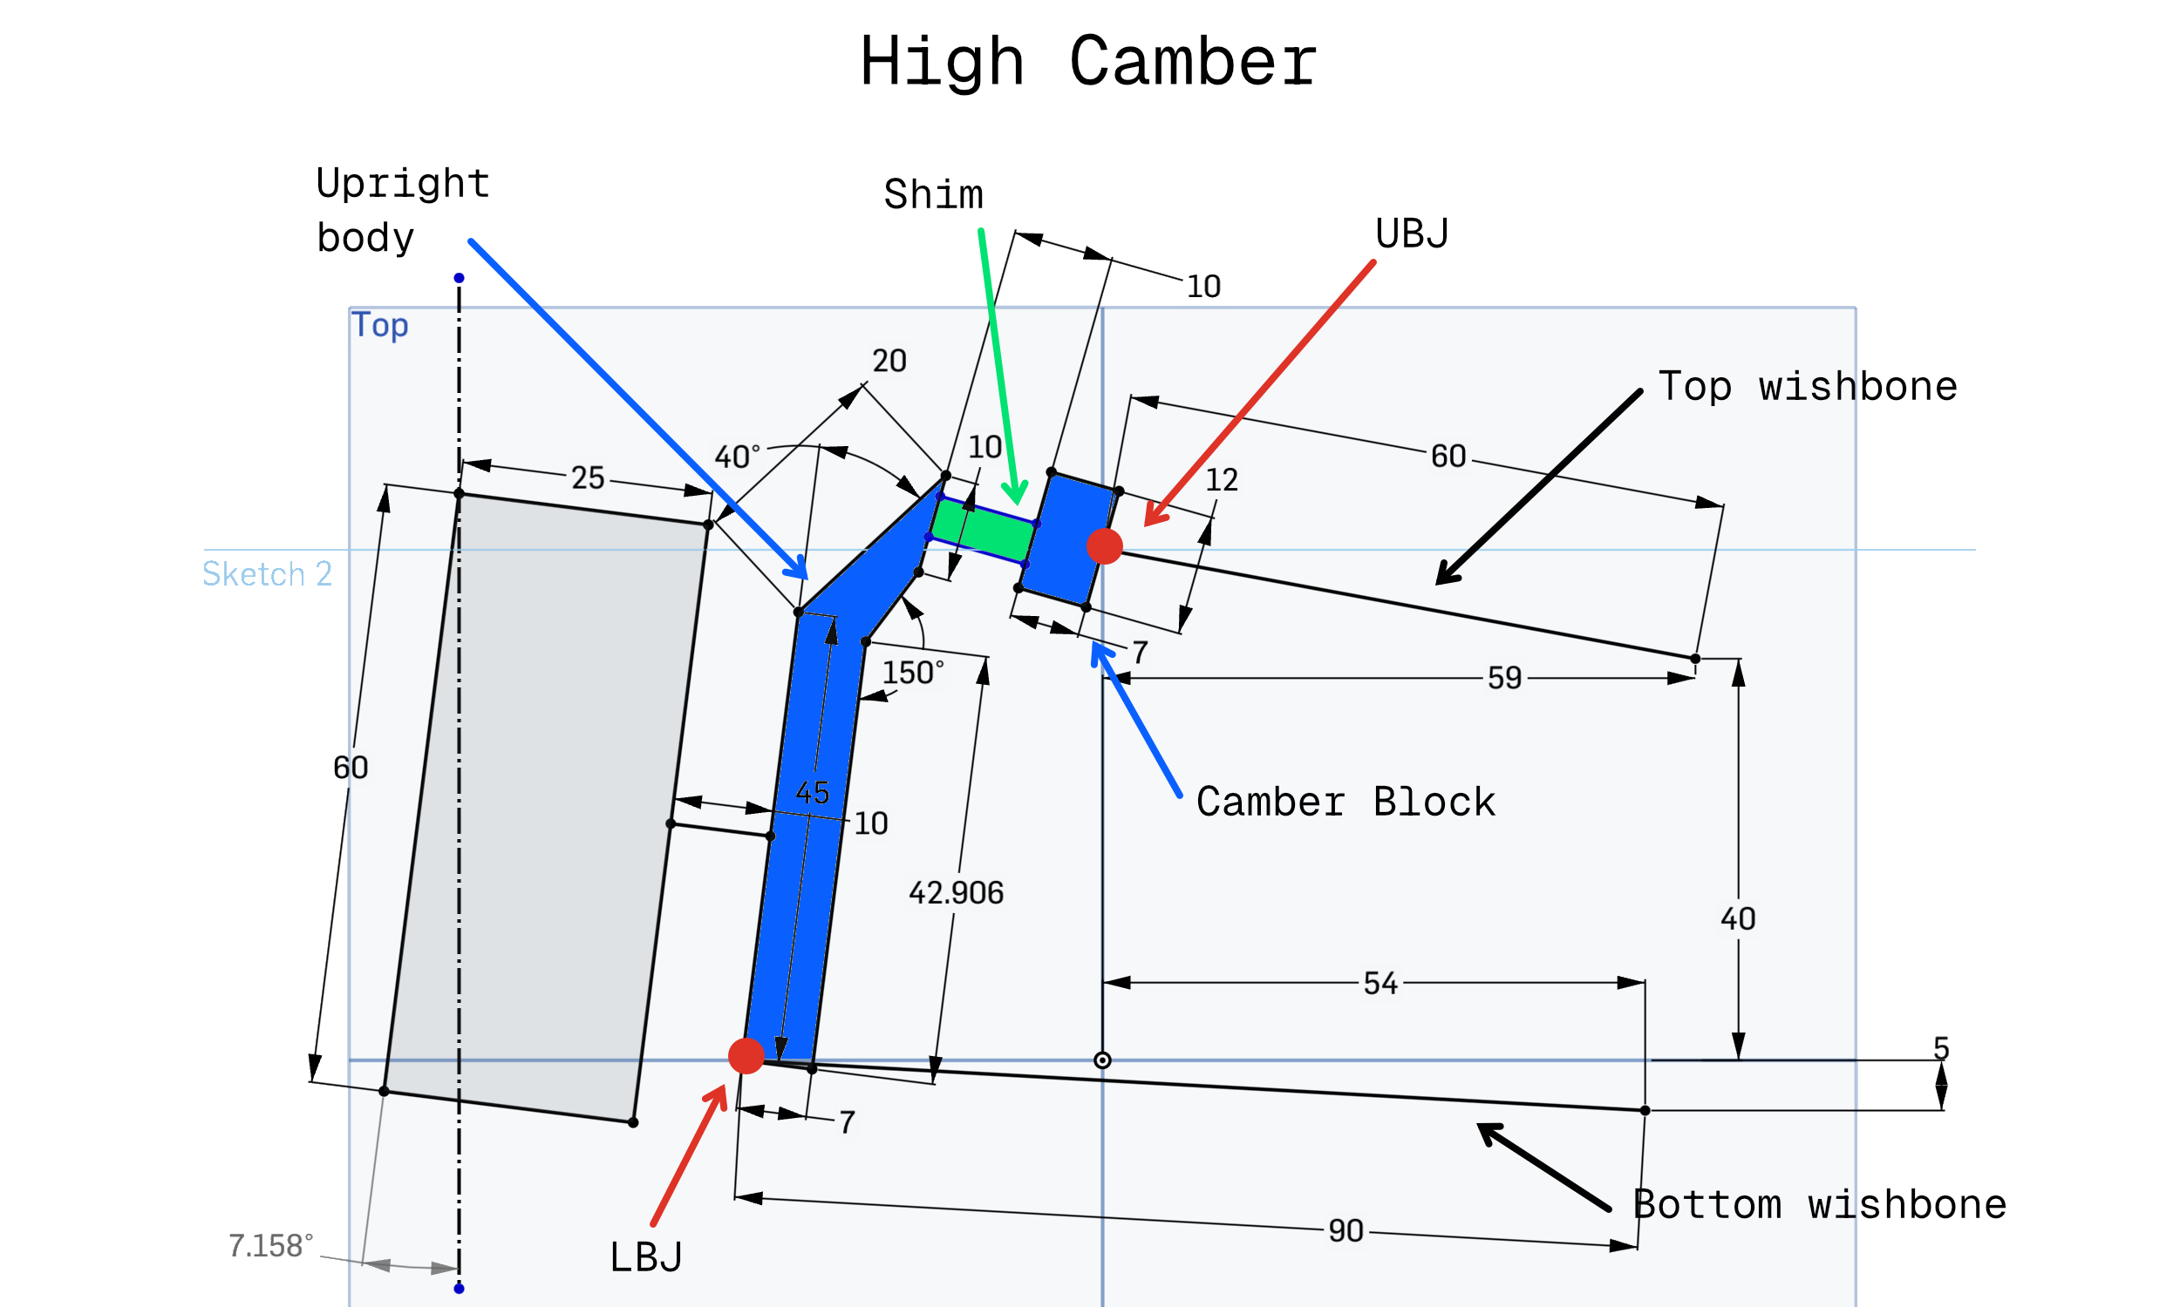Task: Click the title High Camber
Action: pos(1088,62)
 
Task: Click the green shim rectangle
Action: pos(982,529)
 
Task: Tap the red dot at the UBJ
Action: pos(1104,546)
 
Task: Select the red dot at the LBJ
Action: pos(746,1055)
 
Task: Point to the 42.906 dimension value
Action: pos(956,893)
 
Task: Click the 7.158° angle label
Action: pos(270,1245)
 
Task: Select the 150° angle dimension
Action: pos(913,673)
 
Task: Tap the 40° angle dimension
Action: pos(737,457)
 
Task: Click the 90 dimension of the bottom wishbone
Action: pos(1345,1230)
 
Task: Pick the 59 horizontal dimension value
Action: pos(1504,677)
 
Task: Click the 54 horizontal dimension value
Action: pos(1380,983)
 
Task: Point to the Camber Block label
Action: pos(1345,802)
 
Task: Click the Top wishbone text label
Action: pos(1808,386)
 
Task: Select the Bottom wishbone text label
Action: pos(1819,1204)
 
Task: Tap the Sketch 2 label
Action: pos(267,573)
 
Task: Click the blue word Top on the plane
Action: pos(380,325)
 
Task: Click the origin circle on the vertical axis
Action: pos(1102,1060)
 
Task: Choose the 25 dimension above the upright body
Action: pos(588,477)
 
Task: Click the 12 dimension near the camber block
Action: pos(1222,479)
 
